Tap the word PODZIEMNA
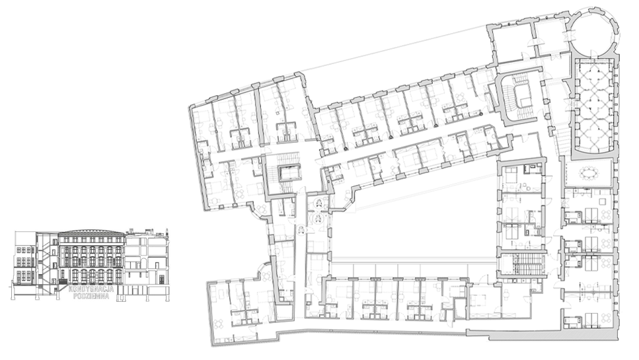(x=91, y=296)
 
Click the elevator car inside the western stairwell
(x=290, y=173)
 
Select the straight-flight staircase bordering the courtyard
(x=522, y=265)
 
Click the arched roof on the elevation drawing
(x=91, y=231)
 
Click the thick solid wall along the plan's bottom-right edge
(x=542, y=336)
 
